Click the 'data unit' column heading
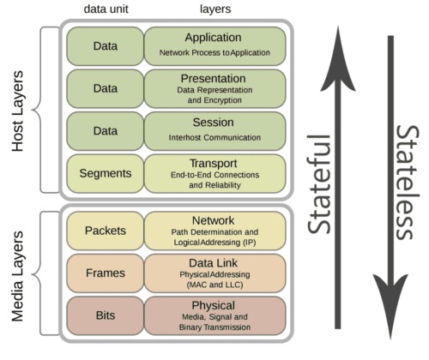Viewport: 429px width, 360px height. [106, 9]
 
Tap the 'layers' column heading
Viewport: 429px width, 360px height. [215, 9]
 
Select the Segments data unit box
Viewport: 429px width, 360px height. [106, 174]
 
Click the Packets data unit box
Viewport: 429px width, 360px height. [106, 231]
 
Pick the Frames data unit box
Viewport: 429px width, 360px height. [106, 273]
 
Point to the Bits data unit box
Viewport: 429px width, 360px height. [106, 315]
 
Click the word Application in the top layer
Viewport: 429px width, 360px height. [213, 38]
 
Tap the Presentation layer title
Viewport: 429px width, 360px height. [213, 79]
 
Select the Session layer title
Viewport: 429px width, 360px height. [213, 123]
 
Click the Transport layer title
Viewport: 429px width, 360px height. [214, 164]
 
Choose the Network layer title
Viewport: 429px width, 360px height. [213, 220]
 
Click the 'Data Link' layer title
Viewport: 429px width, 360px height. [213, 263]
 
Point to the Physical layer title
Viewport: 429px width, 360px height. [214, 306]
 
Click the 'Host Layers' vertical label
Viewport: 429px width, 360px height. [18, 111]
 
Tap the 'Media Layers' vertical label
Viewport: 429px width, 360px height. [18, 276]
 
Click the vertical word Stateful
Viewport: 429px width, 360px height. [319, 184]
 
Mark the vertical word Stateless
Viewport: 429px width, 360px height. [408, 183]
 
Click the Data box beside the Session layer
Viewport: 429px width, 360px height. [106, 131]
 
